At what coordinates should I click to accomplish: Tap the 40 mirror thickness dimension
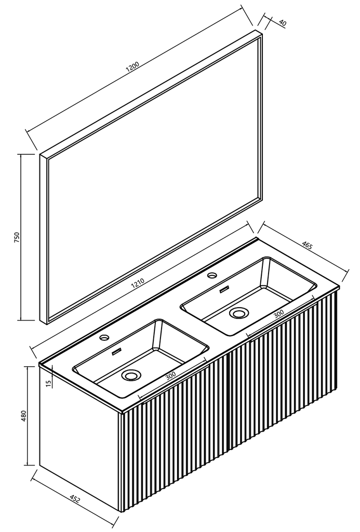[282, 23]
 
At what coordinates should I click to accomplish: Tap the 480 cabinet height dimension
[23, 416]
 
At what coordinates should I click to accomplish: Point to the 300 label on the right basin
[278, 314]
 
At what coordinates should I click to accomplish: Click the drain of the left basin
[130, 375]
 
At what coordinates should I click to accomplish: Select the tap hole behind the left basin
[104, 337]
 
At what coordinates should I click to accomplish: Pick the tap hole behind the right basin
[212, 275]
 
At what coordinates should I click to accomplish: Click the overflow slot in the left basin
[117, 352]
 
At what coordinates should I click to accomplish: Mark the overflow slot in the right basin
[224, 289]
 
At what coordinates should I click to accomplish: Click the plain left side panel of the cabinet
[79, 441]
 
